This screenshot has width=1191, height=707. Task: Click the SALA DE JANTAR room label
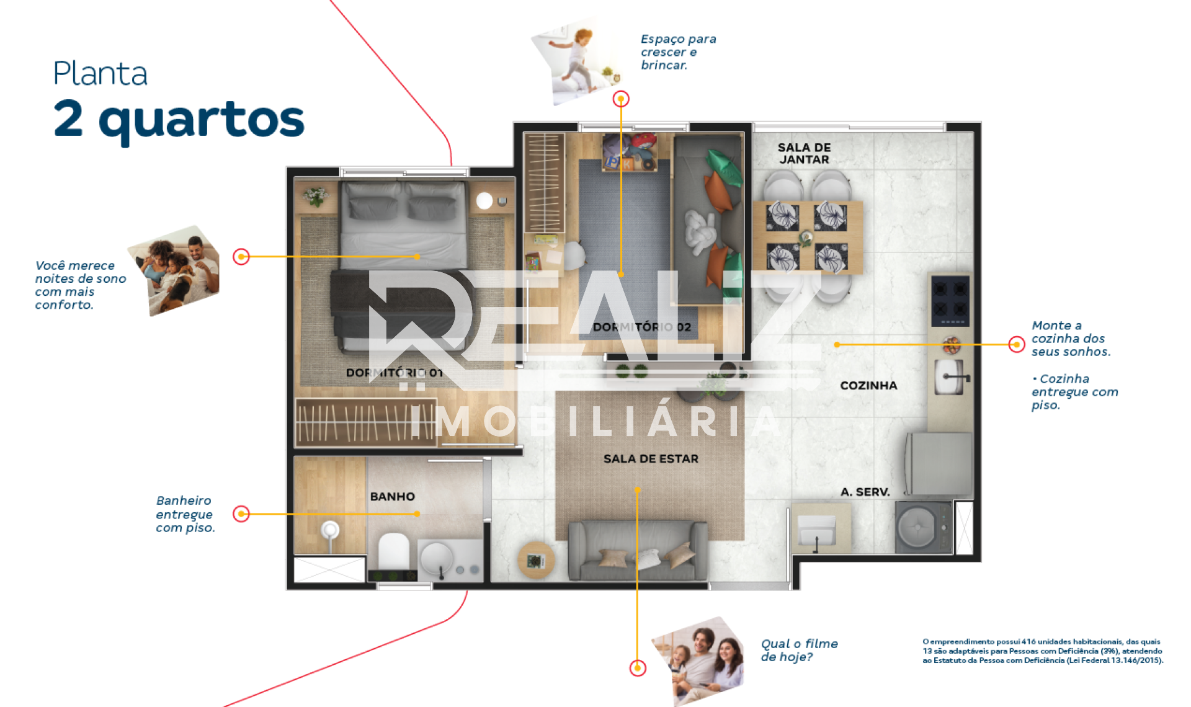(804, 153)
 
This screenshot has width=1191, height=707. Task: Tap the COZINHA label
(868, 386)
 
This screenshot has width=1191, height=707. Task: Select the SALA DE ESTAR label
(651, 459)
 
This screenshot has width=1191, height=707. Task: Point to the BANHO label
(393, 497)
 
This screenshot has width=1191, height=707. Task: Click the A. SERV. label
(865, 492)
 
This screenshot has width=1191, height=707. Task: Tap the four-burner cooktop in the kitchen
(950, 301)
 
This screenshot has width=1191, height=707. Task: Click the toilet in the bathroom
(393, 552)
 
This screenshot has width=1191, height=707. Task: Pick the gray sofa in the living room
(638, 551)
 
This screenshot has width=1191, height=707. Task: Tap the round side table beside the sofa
(536, 560)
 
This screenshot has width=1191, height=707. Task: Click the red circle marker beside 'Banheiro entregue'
(241, 514)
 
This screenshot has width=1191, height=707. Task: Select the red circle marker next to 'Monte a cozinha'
(1017, 344)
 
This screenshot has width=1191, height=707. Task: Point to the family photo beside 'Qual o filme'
(700, 660)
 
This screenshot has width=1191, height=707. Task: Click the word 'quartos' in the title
(202, 120)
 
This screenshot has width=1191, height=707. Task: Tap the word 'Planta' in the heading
(100, 73)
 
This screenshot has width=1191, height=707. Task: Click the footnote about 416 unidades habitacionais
(1043, 651)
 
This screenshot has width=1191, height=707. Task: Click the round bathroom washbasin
(437, 558)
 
